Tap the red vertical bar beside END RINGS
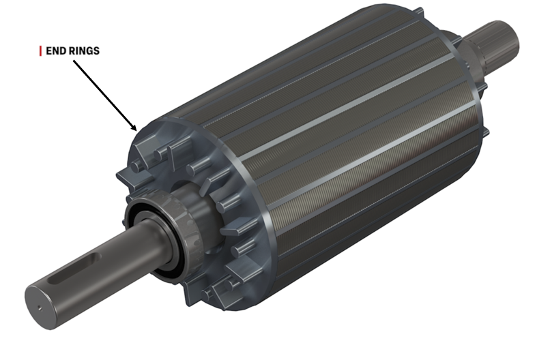(41, 51)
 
